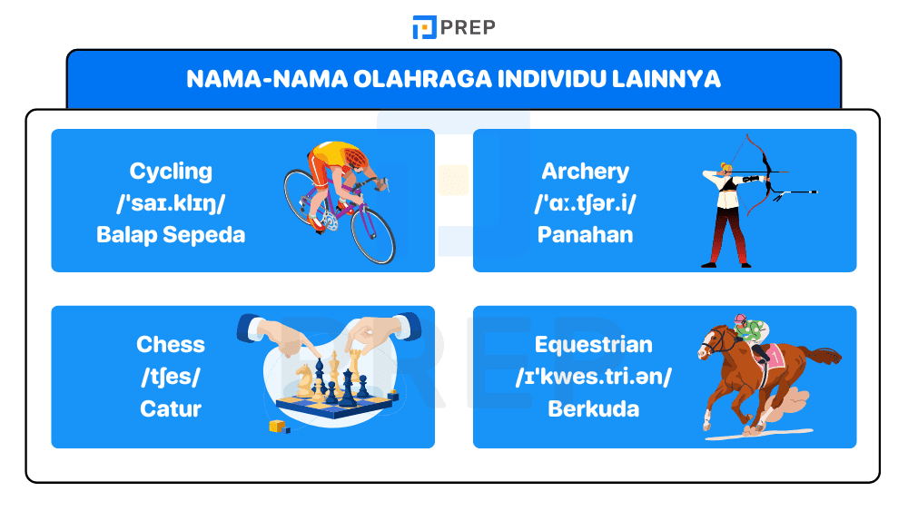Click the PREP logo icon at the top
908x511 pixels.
tap(424, 27)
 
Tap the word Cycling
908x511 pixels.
tap(171, 171)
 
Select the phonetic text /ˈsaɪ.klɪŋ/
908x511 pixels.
tap(171, 202)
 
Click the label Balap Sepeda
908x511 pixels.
tap(171, 234)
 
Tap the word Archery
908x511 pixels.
tap(585, 171)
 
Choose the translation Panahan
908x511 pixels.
tap(585, 234)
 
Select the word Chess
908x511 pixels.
tap(171, 344)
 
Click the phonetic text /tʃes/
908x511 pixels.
tap(171, 376)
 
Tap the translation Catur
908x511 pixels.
tap(171, 408)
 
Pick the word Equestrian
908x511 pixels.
tap(593, 344)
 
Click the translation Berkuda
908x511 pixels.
tap(593, 408)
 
